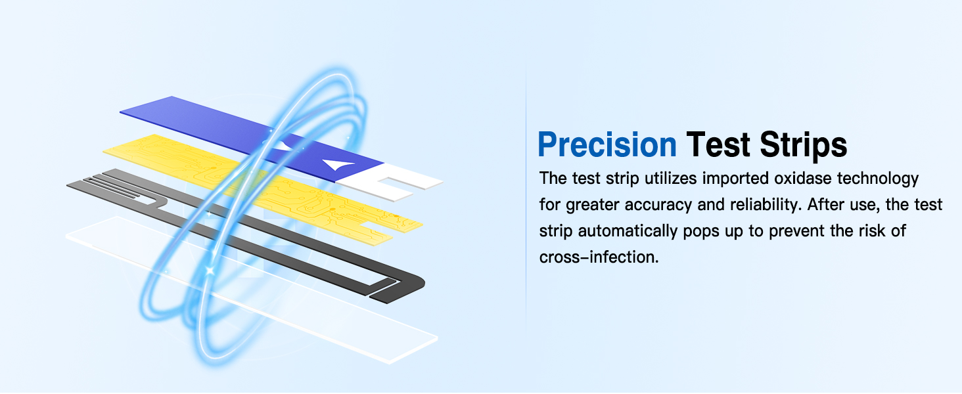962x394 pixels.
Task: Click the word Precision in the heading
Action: pyautogui.click(x=607, y=144)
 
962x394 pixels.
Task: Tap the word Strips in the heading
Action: pyautogui.click(x=802, y=144)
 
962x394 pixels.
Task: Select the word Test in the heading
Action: pyautogui.click(x=719, y=144)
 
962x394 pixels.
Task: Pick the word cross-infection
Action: pyautogui.click(x=598, y=257)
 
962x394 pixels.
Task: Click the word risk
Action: pyautogui.click(x=875, y=231)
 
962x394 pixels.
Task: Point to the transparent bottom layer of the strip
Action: pyautogui.click(x=263, y=289)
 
